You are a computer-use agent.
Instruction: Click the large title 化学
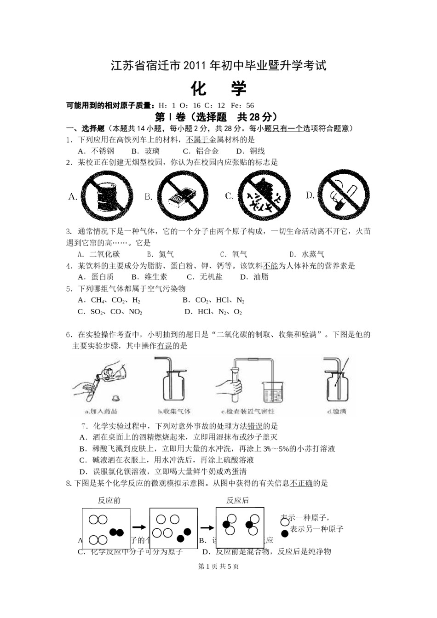(x=218, y=88)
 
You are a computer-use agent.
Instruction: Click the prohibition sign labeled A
(x=107, y=196)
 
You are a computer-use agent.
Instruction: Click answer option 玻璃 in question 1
(x=152, y=151)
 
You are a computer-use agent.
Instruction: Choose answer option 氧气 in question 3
(x=239, y=254)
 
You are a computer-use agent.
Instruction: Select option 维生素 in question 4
(x=155, y=277)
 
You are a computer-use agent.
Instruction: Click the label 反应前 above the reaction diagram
(x=109, y=500)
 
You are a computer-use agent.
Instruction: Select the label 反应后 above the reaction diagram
(x=237, y=500)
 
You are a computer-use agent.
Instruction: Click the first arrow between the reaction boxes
(x=139, y=527)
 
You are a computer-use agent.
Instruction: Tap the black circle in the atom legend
(x=285, y=533)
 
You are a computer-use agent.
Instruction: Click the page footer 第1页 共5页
(x=218, y=566)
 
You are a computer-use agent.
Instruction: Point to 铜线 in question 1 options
(x=257, y=151)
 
